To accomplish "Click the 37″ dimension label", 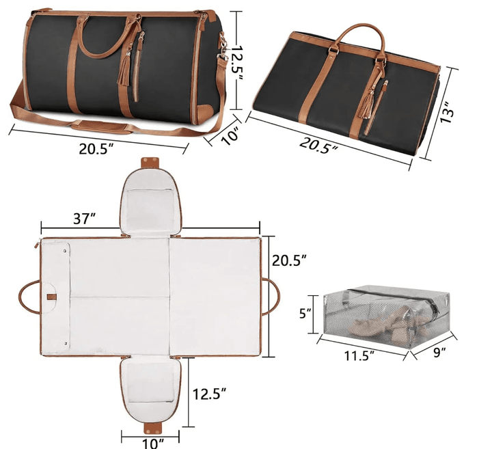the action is pyautogui.click(x=84, y=219).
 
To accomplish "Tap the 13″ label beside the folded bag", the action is pyautogui.click(x=446, y=112).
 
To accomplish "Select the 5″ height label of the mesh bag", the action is pyautogui.click(x=305, y=313).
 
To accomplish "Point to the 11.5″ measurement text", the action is pyautogui.click(x=359, y=356).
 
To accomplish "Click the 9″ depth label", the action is pyautogui.click(x=439, y=353).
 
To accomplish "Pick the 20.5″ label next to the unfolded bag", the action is pyautogui.click(x=289, y=260).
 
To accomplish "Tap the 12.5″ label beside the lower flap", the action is pyautogui.click(x=209, y=394).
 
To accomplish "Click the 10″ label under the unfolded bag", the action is pyautogui.click(x=154, y=444).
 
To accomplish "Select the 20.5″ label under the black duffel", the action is pyautogui.click(x=96, y=149).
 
